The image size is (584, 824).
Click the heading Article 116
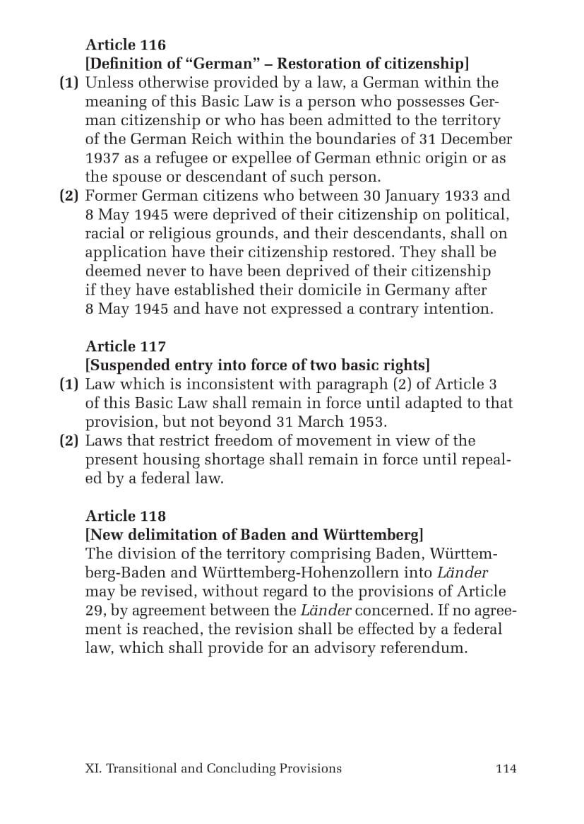126,45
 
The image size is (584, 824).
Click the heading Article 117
126,346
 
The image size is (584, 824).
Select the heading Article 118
126,516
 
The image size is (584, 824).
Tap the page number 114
506,769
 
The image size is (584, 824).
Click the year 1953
367,422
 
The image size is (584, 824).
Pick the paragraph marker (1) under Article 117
68,384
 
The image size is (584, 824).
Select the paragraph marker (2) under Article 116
68,196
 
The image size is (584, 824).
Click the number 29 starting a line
95,611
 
